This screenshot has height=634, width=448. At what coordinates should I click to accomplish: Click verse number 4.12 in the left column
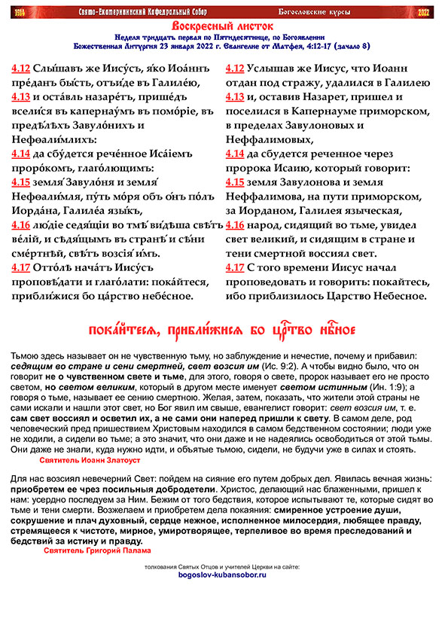(x=21, y=66)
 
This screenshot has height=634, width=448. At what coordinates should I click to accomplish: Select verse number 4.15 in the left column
(x=21, y=182)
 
